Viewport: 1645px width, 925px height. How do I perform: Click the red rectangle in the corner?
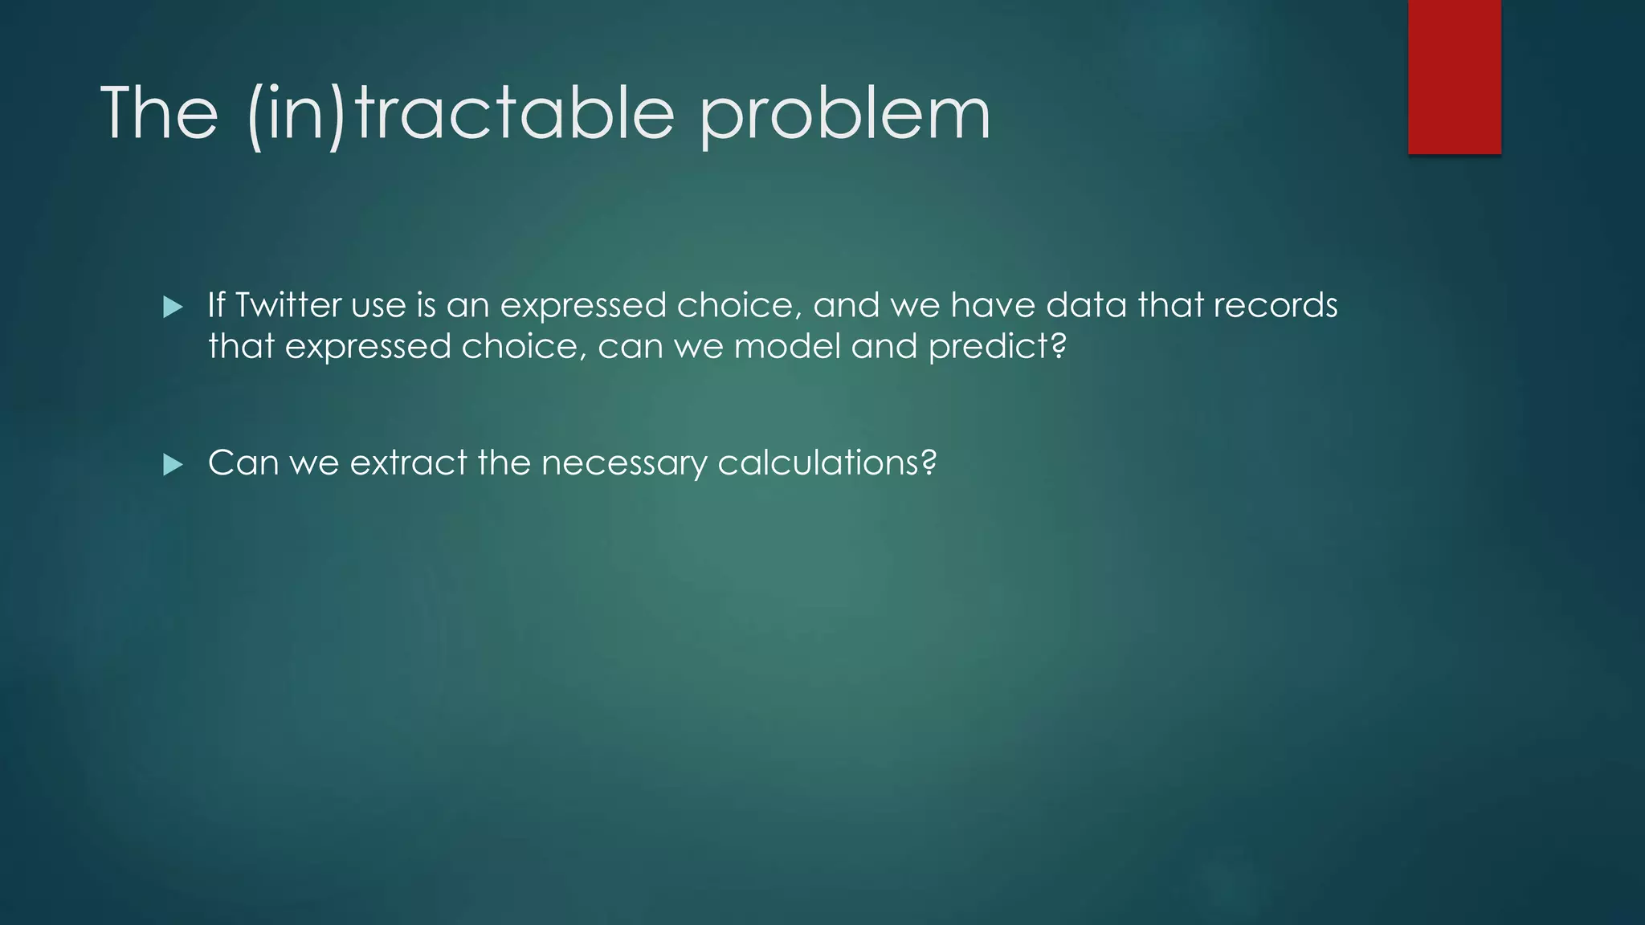tap(1454, 77)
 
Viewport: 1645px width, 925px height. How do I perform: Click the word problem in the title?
tap(845, 114)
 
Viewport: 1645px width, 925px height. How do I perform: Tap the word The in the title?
tap(159, 114)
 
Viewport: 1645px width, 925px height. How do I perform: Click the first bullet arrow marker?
tap(173, 307)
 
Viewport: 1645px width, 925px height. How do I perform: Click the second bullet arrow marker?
tap(173, 464)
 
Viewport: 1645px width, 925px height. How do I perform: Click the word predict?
tap(997, 347)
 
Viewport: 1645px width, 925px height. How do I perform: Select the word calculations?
tap(827, 462)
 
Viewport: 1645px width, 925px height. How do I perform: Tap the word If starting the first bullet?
tap(216, 305)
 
